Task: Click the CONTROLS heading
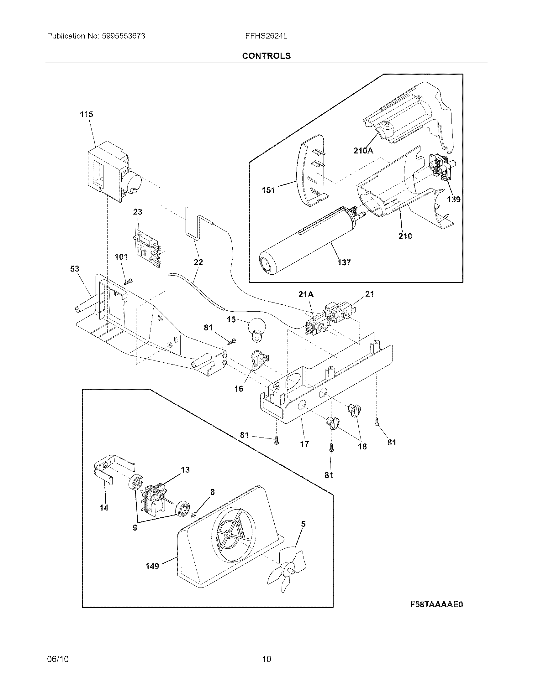click(x=266, y=56)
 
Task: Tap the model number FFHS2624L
click(x=266, y=36)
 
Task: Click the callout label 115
click(x=86, y=114)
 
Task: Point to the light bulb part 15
click(x=256, y=329)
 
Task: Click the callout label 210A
click(x=363, y=151)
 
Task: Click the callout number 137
click(x=344, y=262)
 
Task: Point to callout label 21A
click(x=306, y=294)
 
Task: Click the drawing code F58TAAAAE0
click(x=436, y=605)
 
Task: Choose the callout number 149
click(x=152, y=566)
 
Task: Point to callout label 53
click(x=75, y=269)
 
